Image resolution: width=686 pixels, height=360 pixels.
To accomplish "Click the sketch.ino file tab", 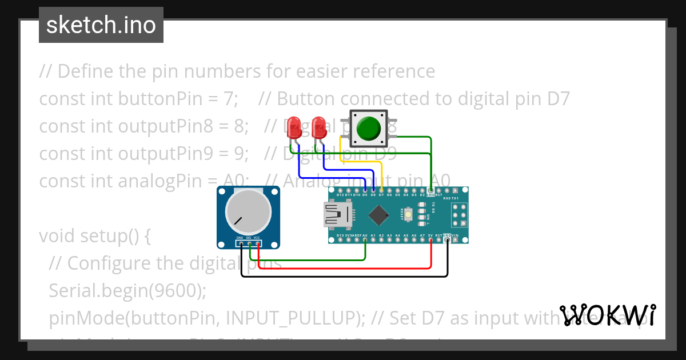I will [101, 25].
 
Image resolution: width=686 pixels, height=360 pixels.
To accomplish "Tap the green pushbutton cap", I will [369, 128].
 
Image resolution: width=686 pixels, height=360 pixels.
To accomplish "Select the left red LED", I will [294, 128].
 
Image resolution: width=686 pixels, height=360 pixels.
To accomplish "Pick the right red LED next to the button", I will [319, 128].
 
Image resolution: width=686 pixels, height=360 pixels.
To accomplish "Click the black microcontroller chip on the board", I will [378, 215].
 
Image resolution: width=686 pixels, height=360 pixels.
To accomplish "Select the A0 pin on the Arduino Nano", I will [365, 239].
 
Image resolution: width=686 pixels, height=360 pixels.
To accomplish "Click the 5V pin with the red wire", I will [430, 239].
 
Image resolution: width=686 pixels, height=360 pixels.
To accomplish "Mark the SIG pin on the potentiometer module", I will [250, 244].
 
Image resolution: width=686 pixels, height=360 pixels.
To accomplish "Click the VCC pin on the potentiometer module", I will [258, 244].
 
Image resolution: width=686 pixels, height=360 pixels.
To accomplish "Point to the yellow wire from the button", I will [360, 162].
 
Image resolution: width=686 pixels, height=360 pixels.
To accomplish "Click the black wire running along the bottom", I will [343, 277].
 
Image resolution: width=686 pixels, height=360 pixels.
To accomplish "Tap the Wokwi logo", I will [608, 315].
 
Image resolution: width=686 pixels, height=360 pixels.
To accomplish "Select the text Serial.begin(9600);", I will [127, 290].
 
